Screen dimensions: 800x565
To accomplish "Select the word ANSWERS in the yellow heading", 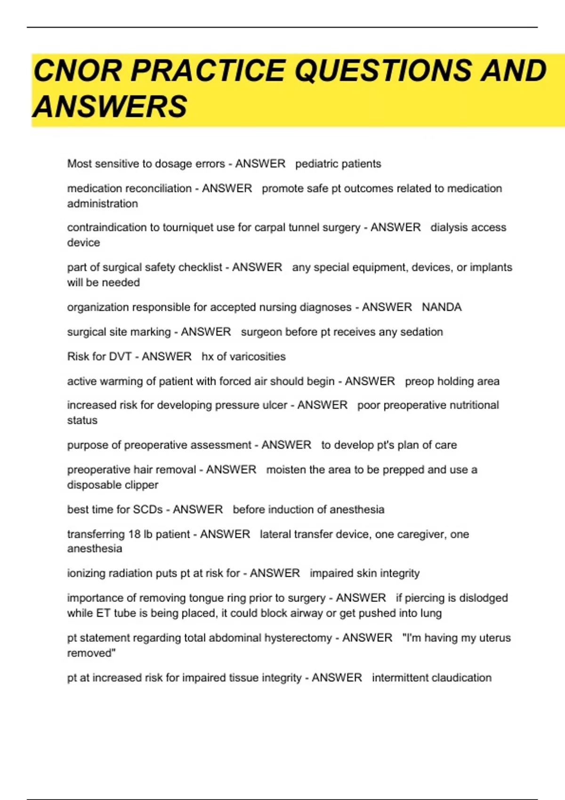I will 110,106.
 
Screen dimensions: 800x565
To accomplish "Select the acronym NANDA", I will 442,307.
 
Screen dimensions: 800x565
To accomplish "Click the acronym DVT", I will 121,357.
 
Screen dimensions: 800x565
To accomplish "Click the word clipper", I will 141,485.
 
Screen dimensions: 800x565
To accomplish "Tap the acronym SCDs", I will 148,510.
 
